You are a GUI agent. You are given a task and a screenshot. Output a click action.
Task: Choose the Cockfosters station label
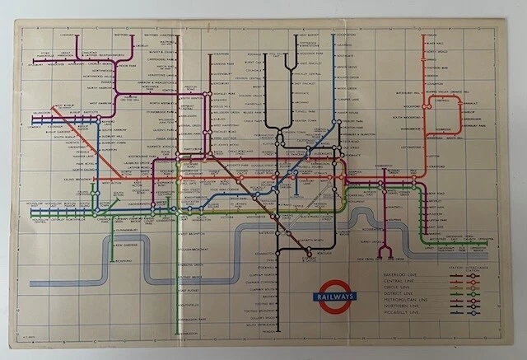point(344,35)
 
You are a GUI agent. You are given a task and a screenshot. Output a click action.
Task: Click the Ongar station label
point(429,35)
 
